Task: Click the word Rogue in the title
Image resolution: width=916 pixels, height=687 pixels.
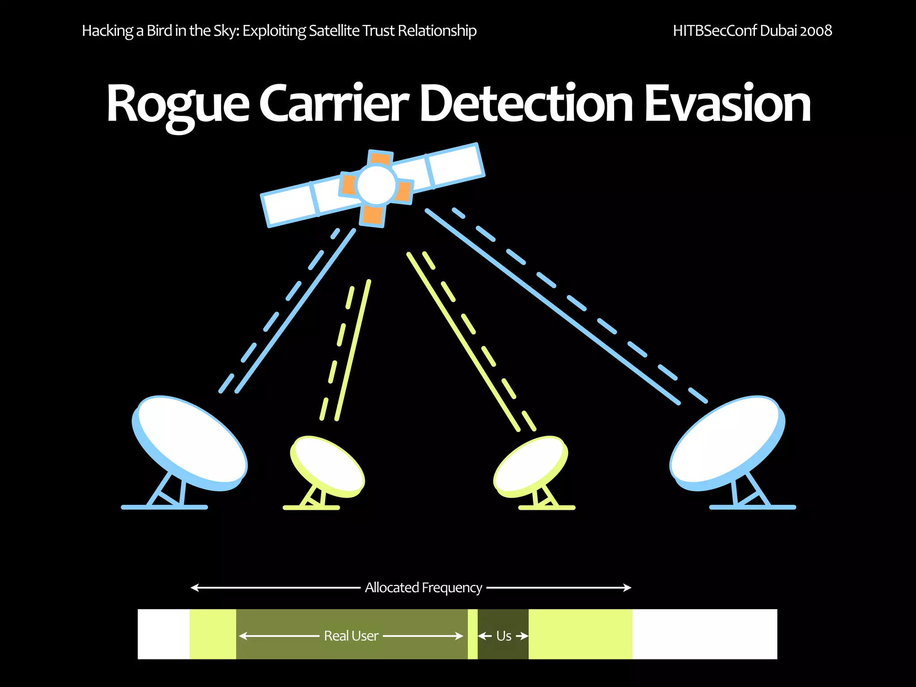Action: [178, 104]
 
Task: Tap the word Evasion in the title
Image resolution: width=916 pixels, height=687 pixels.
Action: [727, 104]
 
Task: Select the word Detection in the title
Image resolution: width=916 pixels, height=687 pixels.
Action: [526, 104]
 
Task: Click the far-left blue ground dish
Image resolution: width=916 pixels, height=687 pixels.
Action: [190, 443]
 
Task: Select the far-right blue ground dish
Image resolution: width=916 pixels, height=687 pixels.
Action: [727, 443]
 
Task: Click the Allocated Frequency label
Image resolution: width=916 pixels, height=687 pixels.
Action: [423, 587]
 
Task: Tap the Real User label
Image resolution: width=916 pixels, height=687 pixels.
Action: [351, 636]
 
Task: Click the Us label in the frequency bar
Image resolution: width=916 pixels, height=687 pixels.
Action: [504, 636]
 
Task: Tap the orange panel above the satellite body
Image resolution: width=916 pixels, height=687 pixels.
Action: [380, 159]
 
